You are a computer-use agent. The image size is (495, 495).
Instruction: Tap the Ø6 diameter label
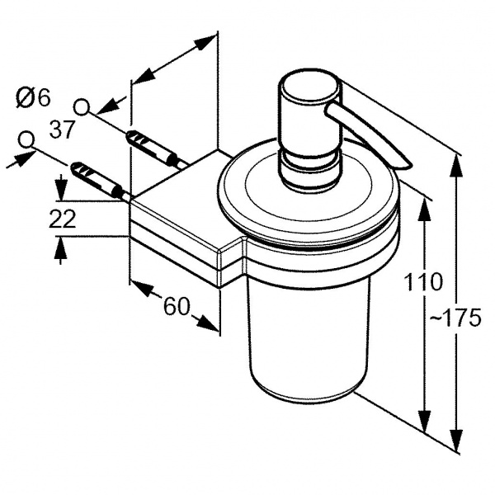pos(33,98)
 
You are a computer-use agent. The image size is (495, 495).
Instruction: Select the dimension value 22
pos(63,219)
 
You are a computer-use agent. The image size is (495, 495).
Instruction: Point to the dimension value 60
pos(176,307)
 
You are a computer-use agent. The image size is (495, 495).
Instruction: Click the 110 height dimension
pos(423,283)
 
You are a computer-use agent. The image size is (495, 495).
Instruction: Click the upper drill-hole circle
pos(82,106)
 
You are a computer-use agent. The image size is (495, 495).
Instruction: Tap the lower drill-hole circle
pos(28,139)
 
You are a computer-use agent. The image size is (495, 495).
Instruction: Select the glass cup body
pos(305,330)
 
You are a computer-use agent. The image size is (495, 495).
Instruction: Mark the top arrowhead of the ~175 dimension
pos(456,162)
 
